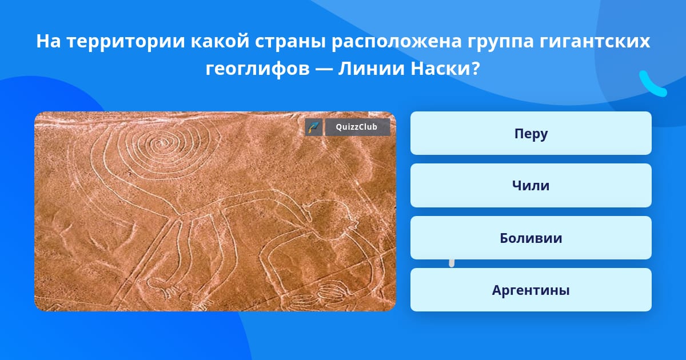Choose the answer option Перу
pos(531,133)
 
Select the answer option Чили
pos(531,185)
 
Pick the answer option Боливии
pos(531,238)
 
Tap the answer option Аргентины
pos(531,290)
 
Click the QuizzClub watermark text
pos(357,127)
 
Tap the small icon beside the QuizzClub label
pos(314,127)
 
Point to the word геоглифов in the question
pos(258,69)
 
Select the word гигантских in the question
pos(595,42)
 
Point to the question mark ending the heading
pos(475,68)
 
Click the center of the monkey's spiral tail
pos(159,143)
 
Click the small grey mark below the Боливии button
pos(452,263)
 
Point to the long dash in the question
pos(324,69)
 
